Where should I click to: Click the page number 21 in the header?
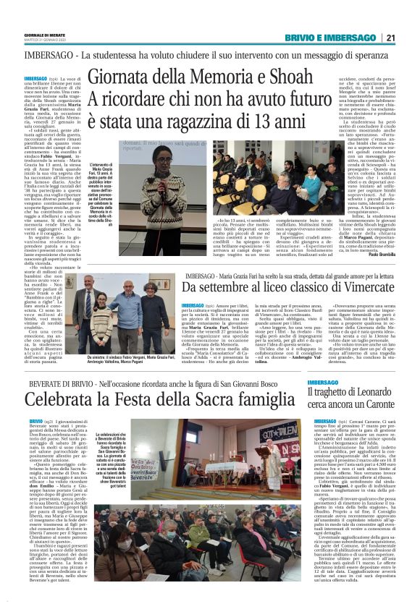(409, 38)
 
